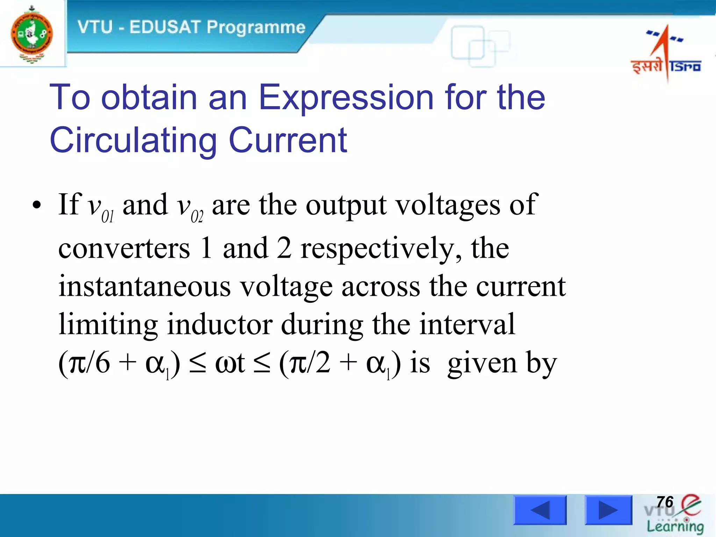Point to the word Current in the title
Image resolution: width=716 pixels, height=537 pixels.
(288, 140)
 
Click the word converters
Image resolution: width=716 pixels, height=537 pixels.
(124, 249)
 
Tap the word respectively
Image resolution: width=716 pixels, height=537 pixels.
(380, 249)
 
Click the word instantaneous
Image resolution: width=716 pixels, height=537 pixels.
(144, 287)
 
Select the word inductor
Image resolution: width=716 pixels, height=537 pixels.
(220, 324)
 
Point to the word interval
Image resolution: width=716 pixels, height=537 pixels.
(467, 324)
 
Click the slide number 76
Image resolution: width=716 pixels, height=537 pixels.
(665, 502)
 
